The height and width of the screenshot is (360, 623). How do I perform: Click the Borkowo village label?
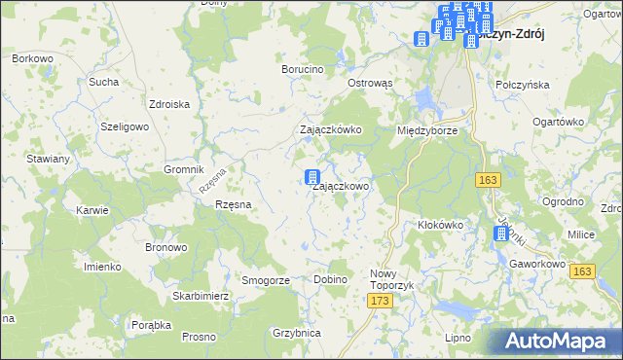point(32,58)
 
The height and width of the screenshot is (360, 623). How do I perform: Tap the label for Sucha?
point(103,82)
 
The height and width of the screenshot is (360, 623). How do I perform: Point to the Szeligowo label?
point(125,126)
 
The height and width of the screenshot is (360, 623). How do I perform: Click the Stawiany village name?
point(48,158)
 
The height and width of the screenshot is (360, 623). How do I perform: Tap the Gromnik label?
point(182,168)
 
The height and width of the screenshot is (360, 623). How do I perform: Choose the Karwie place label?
point(92,209)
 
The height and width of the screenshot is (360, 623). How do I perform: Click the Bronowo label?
point(165,247)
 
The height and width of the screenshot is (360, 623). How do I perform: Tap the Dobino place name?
point(331,280)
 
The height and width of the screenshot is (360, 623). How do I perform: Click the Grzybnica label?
point(297,333)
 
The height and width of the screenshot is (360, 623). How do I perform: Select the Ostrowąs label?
point(370,84)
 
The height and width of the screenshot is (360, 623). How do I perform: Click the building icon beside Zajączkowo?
point(312,178)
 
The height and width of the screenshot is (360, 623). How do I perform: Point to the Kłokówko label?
point(440,224)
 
